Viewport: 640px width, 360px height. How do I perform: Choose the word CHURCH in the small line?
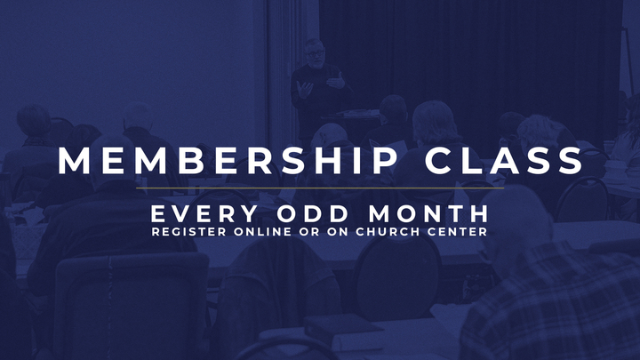tap(384, 233)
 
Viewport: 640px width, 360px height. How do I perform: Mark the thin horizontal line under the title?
tap(320, 188)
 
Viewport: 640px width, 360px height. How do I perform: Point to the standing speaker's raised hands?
tap(320, 84)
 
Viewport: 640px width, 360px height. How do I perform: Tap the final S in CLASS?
tap(572, 161)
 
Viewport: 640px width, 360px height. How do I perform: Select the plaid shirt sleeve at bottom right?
tap(569, 311)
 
